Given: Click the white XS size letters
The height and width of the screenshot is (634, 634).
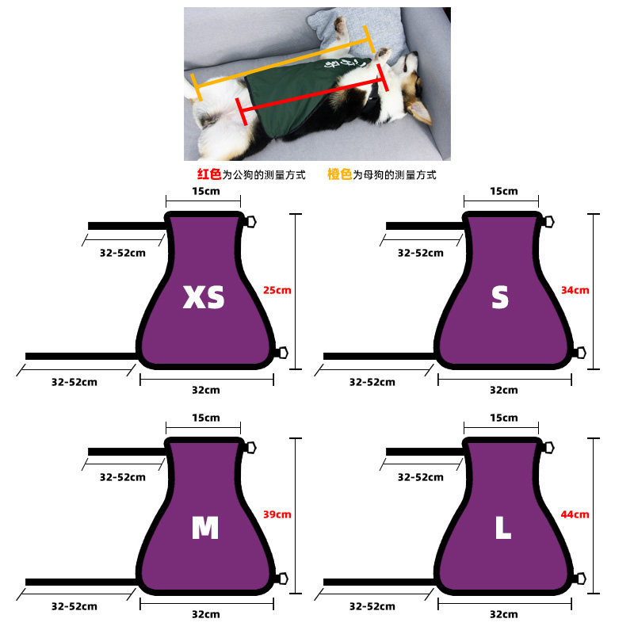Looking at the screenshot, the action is [204, 297].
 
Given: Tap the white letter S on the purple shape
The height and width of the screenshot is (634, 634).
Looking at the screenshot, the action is [500, 297].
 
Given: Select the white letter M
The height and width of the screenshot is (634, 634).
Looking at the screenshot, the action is [205, 528].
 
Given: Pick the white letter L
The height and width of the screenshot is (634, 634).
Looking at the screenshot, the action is [503, 528].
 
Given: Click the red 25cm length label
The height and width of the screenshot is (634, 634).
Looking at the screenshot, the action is [277, 290].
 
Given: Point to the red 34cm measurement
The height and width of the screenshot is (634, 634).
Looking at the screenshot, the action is [575, 290].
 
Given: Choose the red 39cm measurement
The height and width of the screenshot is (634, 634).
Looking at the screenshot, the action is [277, 514].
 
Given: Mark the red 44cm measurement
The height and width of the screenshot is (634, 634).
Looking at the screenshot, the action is [575, 514].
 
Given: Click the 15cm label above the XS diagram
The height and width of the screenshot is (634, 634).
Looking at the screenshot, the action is [206, 191].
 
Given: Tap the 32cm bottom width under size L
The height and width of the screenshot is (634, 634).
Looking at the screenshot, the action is [504, 614].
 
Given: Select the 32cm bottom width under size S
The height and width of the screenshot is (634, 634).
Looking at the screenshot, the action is [504, 390].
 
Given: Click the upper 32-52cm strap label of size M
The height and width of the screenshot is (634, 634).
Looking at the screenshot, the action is [123, 477].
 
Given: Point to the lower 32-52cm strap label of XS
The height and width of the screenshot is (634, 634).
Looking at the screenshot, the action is [74, 382].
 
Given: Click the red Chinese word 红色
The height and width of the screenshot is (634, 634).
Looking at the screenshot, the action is [209, 174].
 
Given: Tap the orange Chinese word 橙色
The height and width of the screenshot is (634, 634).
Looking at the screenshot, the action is [339, 174].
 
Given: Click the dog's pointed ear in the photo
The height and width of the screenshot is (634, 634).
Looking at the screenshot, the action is [419, 111].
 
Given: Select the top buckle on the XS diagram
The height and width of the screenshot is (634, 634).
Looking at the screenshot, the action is [251, 222].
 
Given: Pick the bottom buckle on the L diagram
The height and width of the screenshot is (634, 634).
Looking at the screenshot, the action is [581, 579].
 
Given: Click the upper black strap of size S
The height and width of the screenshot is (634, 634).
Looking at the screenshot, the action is [425, 226].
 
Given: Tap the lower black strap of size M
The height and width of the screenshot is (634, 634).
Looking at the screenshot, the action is [82, 582].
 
